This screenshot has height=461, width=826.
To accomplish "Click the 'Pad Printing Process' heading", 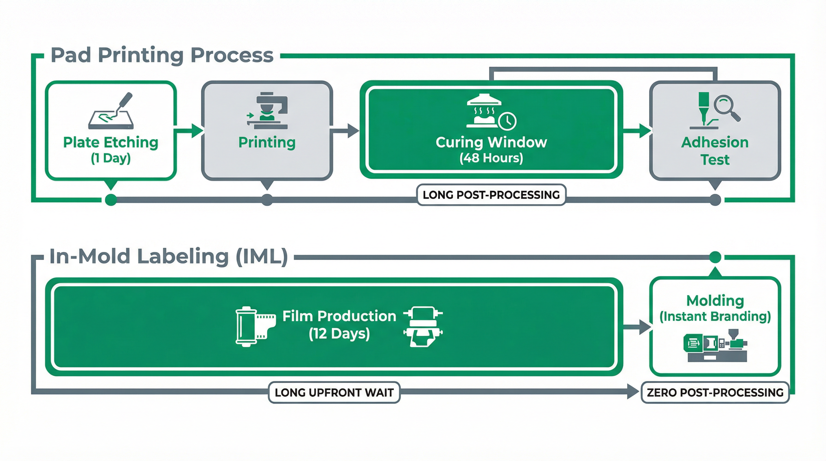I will pyautogui.click(x=162, y=55).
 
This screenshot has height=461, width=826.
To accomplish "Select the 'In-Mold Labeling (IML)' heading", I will pyautogui.click(x=168, y=257).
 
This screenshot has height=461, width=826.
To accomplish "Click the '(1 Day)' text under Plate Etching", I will pyautogui.click(x=111, y=158).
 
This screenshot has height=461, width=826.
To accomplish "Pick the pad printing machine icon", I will pyautogui.click(x=267, y=111).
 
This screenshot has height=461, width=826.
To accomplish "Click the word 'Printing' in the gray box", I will pyautogui.click(x=267, y=142).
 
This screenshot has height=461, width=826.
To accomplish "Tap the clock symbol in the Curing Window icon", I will pyautogui.click(x=507, y=121).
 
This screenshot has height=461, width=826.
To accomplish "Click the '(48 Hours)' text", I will pyautogui.click(x=491, y=158).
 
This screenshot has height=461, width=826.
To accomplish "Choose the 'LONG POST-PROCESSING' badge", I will pyautogui.click(x=491, y=194).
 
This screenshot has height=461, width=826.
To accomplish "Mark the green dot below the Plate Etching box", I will pyautogui.click(x=111, y=200).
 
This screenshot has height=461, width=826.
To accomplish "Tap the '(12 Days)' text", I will pyautogui.click(x=339, y=334).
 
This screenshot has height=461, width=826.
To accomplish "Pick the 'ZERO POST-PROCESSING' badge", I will pyautogui.click(x=715, y=392).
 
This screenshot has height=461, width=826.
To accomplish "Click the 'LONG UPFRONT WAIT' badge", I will pyautogui.click(x=334, y=392).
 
